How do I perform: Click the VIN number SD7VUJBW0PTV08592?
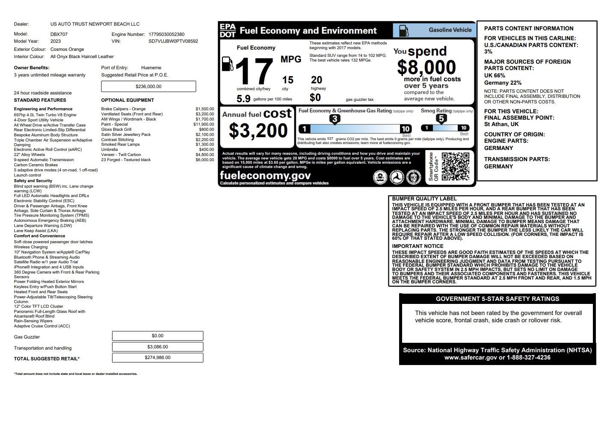(x=173, y=41)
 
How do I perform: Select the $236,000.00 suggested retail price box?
(x=148, y=86)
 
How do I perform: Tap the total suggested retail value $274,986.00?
(x=157, y=358)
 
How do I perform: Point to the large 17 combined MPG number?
(x=254, y=71)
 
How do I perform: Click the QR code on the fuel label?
(x=455, y=167)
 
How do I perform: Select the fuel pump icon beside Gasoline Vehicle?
(x=403, y=30)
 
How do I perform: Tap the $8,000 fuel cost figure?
(x=426, y=68)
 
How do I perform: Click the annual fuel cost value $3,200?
(x=258, y=130)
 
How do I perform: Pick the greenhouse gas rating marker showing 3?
(x=335, y=119)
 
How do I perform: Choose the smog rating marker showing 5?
(x=441, y=119)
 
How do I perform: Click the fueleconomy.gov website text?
(x=265, y=176)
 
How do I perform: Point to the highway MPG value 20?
(x=317, y=80)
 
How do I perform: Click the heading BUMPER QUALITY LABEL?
(x=424, y=199)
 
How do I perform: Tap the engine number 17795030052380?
(x=166, y=34)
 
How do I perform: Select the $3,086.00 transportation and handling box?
(x=157, y=347)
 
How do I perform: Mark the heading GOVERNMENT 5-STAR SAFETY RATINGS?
(x=497, y=299)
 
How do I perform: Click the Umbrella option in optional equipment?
(x=110, y=150)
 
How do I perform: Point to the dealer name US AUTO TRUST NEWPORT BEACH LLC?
(x=95, y=24)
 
